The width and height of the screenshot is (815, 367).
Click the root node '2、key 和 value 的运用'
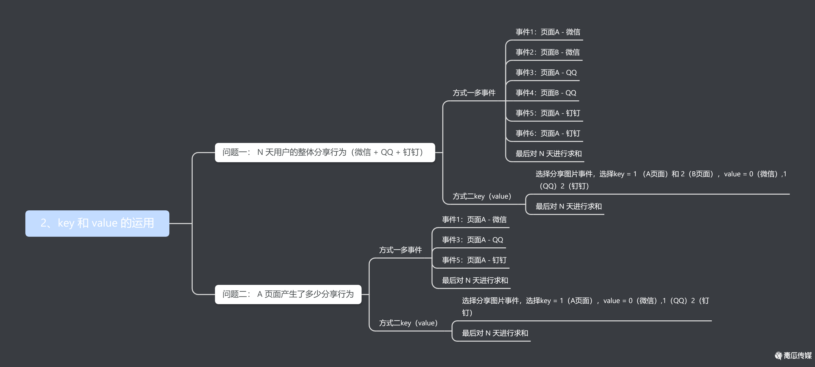(97, 223)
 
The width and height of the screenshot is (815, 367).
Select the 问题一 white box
(325, 153)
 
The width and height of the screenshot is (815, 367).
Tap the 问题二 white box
(288, 294)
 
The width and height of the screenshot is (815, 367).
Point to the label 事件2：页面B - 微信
(547, 52)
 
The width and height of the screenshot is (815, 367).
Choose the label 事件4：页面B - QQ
(546, 93)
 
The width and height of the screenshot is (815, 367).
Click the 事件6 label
(548, 133)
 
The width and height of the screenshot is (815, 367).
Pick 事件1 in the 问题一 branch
(548, 32)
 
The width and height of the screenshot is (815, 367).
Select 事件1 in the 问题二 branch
(474, 219)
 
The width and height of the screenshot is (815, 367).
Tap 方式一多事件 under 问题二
(400, 250)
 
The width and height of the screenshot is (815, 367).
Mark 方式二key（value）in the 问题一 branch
(482, 196)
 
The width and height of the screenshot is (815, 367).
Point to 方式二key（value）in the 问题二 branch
(408, 323)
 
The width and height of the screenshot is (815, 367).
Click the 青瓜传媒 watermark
(793, 356)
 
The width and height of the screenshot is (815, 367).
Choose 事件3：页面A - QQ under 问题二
(472, 240)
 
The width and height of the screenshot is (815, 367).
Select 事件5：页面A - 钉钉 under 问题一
(548, 113)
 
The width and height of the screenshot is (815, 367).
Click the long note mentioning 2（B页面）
(661, 180)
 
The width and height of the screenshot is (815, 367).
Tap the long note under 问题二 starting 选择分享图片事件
(585, 306)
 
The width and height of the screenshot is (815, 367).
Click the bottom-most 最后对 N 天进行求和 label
(495, 333)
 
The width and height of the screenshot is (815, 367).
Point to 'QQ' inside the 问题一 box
(387, 153)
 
